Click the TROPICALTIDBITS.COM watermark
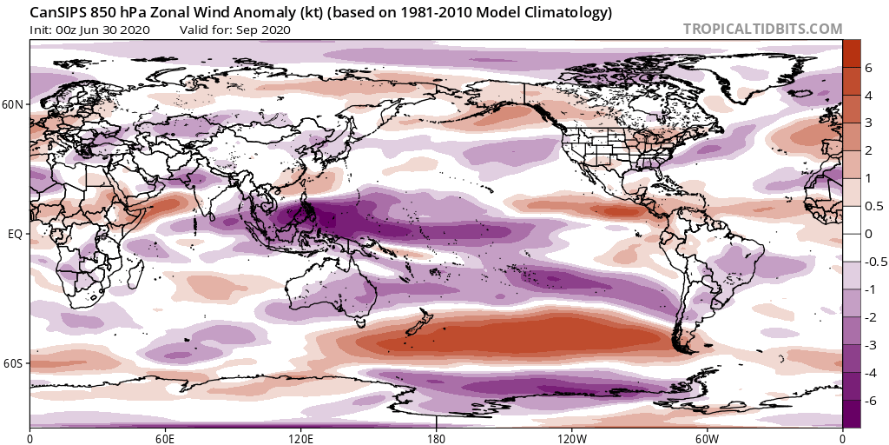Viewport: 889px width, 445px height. (762, 29)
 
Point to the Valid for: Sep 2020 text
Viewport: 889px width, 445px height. (234, 30)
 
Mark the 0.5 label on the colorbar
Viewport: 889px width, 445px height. (873, 206)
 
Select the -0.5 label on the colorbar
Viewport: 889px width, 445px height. (874, 262)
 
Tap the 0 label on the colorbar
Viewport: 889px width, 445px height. (868, 234)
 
